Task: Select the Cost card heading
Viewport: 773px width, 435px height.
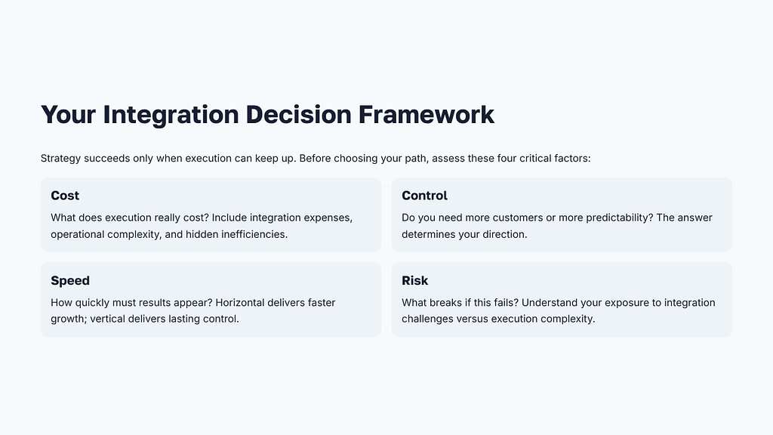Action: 65,196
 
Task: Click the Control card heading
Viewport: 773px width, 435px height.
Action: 424,196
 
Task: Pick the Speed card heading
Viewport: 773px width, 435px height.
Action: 70,280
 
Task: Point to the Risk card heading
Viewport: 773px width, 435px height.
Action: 414,280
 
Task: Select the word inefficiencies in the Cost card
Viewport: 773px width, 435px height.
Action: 249,234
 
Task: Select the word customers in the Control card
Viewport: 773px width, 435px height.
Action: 517,217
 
